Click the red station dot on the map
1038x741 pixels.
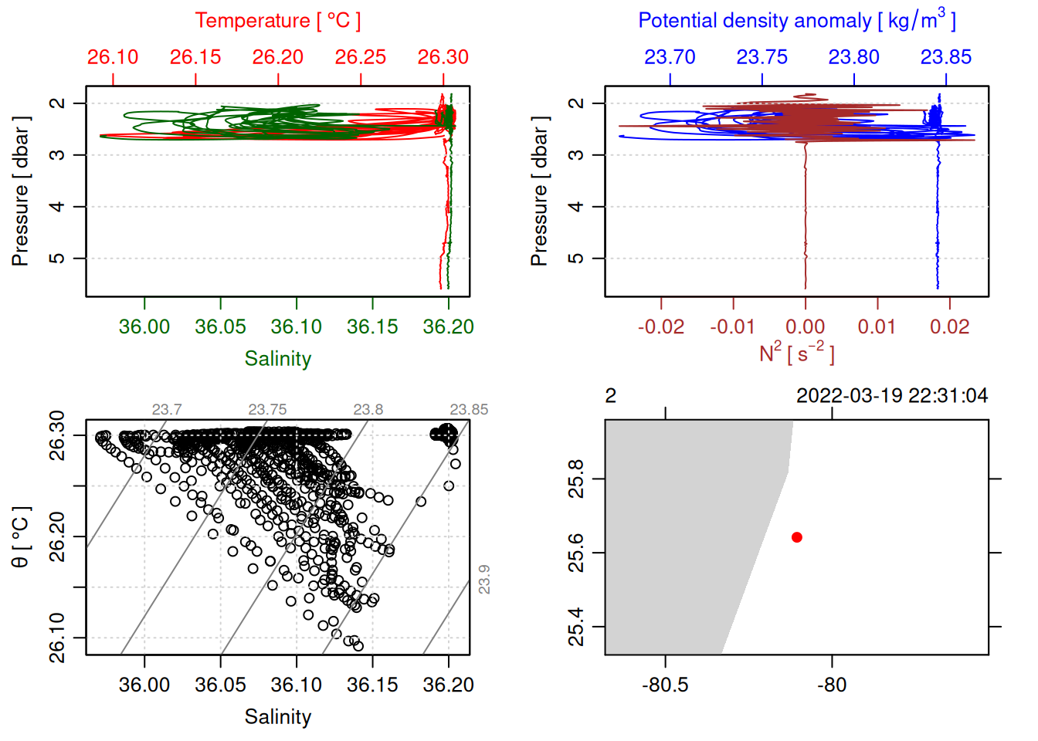(796, 537)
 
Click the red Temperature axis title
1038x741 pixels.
(277, 21)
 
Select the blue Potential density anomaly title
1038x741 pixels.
(796, 20)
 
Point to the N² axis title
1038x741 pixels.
(796, 353)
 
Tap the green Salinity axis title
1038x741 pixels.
(277, 359)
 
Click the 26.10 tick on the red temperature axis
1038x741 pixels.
(113, 57)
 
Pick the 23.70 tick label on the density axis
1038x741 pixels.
(670, 57)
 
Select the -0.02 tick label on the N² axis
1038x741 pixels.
(661, 327)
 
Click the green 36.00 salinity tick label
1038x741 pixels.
(144, 327)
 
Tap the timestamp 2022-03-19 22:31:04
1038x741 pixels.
(892, 396)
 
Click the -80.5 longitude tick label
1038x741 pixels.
(665, 685)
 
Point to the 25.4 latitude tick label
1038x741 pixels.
(576, 627)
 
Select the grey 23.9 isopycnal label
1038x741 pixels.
(484, 579)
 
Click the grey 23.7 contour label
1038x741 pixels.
(167, 409)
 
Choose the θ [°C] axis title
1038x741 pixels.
(20, 537)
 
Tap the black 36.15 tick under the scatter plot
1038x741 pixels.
(372, 685)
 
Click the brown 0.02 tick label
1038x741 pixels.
(949, 327)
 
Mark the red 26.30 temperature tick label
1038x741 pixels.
(443, 57)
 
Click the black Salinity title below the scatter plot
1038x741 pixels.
(277, 717)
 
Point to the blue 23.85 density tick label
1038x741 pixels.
(946, 57)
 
